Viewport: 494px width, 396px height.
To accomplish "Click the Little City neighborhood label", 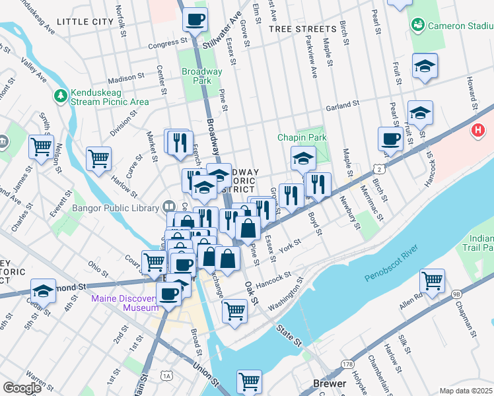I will point(85,22).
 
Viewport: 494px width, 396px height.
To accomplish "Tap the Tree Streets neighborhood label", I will point(302,29).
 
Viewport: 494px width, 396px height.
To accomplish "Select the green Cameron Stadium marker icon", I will point(417,26).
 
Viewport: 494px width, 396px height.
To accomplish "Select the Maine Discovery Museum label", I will point(125,303).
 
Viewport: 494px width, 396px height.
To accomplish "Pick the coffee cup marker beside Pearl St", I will point(390,139).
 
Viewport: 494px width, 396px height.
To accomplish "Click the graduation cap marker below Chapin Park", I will point(303,158).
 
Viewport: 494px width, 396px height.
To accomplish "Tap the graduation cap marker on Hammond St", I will point(43,290).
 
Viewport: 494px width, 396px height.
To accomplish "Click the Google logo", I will point(22,388).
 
